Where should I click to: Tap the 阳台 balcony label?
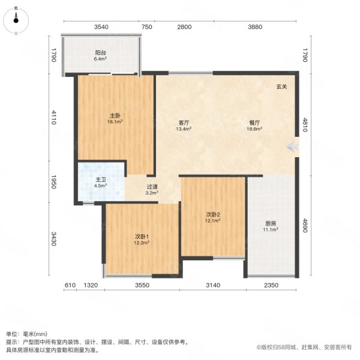[x=100, y=52]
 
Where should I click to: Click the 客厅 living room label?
[x=184, y=122]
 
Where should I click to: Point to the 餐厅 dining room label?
[x=256, y=122]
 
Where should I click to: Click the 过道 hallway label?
[x=152, y=187]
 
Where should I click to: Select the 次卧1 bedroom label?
[x=141, y=236]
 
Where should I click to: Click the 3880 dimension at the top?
[x=256, y=27]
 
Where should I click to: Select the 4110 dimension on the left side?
[x=53, y=118]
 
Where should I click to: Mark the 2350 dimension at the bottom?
[x=271, y=286]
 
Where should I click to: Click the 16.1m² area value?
[x=115, y=122]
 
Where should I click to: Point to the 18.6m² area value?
[x=256, y=128]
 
